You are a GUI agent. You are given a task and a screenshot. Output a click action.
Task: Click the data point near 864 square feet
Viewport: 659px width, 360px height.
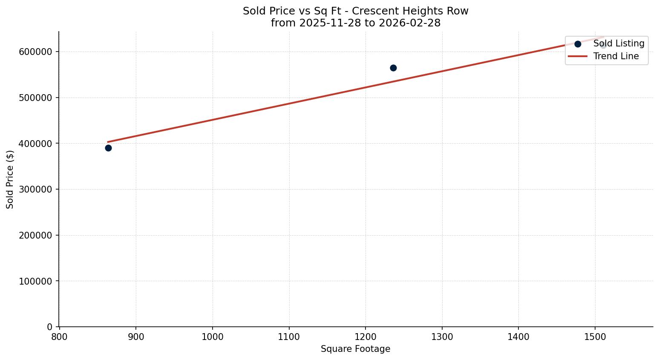pyautogui.click(x=108, y=148)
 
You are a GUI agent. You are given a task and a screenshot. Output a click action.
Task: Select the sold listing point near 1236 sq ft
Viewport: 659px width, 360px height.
pyautogui.click(x=393, y=68)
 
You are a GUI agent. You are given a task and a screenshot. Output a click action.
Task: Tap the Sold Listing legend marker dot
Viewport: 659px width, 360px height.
pyautogui.click(x=578, y=44)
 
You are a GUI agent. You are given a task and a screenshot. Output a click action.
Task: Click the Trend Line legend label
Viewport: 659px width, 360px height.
pyautogui.click(x=616, y=56)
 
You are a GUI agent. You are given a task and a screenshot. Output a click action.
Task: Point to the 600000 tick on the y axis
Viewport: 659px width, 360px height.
pyautogui.click(x=35, y=52)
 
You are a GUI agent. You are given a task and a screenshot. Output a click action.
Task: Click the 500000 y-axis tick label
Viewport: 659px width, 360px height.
pyautogui.click(x=35, y=98)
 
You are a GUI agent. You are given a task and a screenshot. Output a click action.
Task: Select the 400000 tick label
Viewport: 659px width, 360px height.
pyautogui.click(x=35, y=144)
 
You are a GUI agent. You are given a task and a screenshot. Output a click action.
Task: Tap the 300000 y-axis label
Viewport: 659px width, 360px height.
pyautogui.click(x=35, y=189)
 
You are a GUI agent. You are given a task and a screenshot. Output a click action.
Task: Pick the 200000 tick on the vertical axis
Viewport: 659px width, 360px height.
pyautogui.click(x=35, y=235)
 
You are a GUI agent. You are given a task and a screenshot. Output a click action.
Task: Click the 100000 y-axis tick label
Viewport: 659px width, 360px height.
pyautogui.click(x=35, y=281)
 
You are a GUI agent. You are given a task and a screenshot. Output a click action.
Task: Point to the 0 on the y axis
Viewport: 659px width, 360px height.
pyautogui.click(x=49, y=327)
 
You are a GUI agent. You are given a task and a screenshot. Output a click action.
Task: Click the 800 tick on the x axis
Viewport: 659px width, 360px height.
pyautogui.click(x=59, y=337)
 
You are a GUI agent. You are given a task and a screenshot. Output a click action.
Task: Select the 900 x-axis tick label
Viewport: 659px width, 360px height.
pyautogui.click(x=136, y=337)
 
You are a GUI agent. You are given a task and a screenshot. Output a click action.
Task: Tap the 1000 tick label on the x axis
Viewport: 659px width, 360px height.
pyautogui.click(x=213, y=337)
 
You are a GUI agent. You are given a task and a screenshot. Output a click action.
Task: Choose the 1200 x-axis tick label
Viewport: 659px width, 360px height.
pyautogui.click(x=365, y=337)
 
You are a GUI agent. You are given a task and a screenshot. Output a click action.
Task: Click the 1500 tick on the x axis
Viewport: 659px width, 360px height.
pyautogui.click(x=595, y=337)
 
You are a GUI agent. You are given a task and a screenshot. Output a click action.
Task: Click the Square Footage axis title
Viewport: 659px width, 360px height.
pyautogui.click(x=355, y=349)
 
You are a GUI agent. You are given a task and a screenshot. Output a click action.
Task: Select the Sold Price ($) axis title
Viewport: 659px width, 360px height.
pyautogui.click(x=10, y=179)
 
